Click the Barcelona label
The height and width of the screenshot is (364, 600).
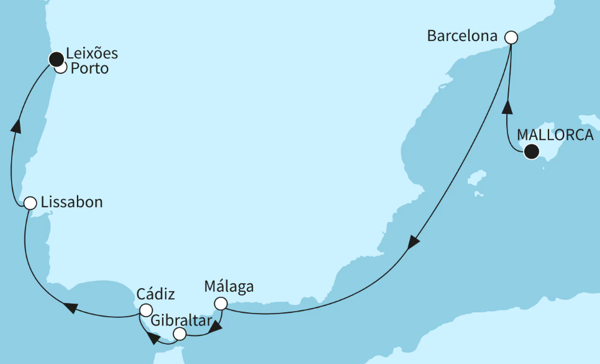coord(462,36)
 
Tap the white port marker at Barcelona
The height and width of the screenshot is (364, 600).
coord(511,37)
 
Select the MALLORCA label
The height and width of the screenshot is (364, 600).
coord(555,136)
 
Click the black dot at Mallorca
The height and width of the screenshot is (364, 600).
coord(531,151)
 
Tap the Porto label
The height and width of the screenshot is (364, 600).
coord(89,68)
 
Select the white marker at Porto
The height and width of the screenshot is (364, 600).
coord(61,68)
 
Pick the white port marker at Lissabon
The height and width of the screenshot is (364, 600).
coord(29,203)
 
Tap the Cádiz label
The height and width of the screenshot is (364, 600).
coord(155,294)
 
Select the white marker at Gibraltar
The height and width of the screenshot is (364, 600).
coord(180,334)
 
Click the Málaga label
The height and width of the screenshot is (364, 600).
coord(229,287)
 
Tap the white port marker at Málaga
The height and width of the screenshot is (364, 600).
coord(220,304)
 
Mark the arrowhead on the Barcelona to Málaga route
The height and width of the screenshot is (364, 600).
coord(413,243)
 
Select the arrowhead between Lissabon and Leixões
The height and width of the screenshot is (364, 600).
coord(17,125)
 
